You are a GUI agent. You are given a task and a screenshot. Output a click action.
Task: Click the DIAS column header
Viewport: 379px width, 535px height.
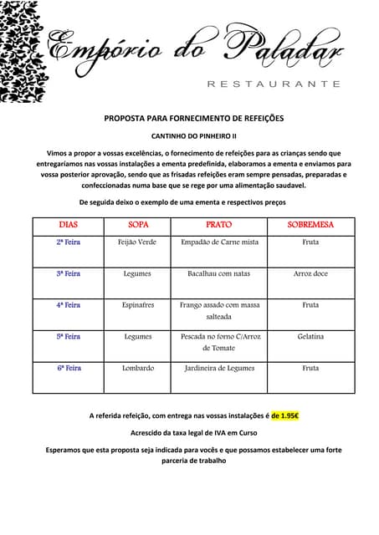click(69, 225)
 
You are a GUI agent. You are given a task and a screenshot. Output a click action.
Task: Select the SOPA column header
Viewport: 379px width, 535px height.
click(138, 225)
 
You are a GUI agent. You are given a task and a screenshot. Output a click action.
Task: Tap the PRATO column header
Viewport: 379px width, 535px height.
click(218, 225)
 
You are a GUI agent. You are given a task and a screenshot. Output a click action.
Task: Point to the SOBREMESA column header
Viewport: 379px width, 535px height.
click(310, 225)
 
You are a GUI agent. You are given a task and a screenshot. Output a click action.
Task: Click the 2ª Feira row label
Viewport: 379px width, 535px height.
click(69, 242)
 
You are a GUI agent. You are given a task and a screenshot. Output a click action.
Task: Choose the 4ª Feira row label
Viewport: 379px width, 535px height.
click(69, 305)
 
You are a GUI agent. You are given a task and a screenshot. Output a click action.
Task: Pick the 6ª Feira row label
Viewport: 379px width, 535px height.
click(69, 368)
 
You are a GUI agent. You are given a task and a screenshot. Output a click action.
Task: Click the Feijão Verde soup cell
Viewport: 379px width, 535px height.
click(138, 242)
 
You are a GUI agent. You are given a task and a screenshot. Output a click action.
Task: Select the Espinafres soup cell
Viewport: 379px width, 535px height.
click(138, 305)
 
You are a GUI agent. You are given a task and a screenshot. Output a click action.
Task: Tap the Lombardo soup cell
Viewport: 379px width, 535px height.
click(138, 368)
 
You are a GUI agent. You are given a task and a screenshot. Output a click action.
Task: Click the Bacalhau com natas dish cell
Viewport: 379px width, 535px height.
click(218, 273)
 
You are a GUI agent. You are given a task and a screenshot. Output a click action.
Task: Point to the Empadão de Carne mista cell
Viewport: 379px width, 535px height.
click(218, 242)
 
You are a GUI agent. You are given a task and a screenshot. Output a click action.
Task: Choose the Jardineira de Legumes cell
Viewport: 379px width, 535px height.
click(218, 368)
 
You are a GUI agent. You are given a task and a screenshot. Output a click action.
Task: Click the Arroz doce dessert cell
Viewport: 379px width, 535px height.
click(310, 273)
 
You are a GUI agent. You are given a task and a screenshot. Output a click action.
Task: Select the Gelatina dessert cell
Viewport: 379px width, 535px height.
click(310, 336)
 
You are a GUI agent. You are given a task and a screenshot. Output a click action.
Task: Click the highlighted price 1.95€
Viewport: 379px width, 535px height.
click(289, 415)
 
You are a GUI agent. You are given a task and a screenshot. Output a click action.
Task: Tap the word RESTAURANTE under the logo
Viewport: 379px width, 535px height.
click(273, 84)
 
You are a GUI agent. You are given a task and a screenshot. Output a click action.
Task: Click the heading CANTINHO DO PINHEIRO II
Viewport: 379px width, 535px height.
click(193, 135)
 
